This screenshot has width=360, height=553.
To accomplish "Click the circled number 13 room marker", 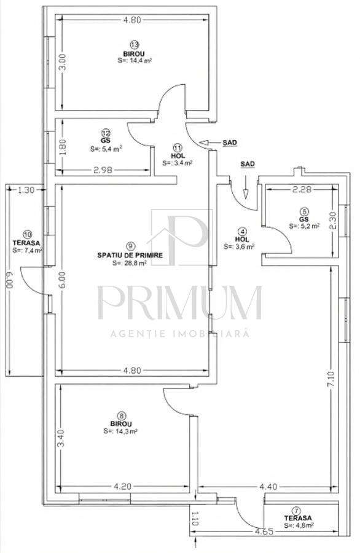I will click(x=135, y=44).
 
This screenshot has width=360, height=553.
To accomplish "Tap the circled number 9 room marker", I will click(x=130, y=245).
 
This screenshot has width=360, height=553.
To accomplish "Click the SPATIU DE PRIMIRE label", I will click(x=130, y=254).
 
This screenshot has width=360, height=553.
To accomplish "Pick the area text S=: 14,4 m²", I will click(x=135, y=61).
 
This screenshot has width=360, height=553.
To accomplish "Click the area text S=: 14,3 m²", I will click(x=120, y=431).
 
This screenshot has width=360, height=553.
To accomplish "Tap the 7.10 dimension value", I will click(x=332, y=383).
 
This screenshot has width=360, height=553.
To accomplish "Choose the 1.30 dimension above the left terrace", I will click(x=26, y=190).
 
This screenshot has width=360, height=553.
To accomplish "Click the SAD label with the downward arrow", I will click(x=248, y=164).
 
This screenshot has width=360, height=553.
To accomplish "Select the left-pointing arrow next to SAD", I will click(x=211, y=143).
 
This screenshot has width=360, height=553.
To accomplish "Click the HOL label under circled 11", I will click(x=178, y=156).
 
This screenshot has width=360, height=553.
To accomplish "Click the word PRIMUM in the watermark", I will click(x=180, y=302).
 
